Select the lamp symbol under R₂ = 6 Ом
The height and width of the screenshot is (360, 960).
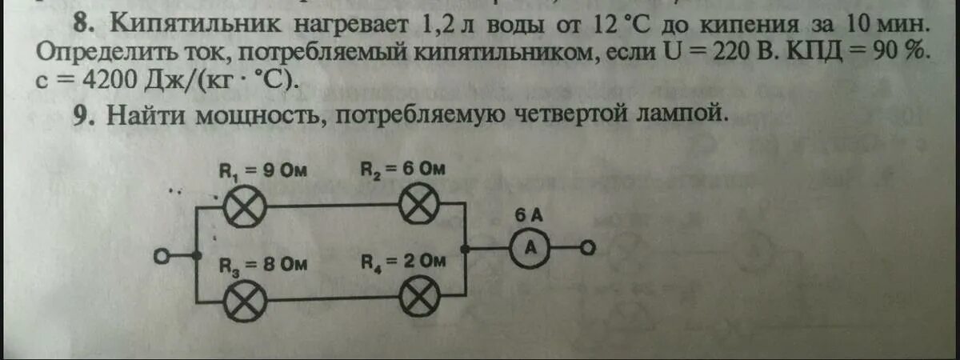[422, 208]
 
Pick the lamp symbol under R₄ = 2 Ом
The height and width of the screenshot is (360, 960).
[422, 300]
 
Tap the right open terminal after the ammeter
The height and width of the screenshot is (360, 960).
[587, 250]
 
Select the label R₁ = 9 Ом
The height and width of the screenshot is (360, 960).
[263, 170]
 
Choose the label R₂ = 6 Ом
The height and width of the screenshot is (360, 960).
[402, 170]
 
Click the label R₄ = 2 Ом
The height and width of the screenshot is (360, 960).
[402, 262]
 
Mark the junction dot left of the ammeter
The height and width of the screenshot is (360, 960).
[472, 250]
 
